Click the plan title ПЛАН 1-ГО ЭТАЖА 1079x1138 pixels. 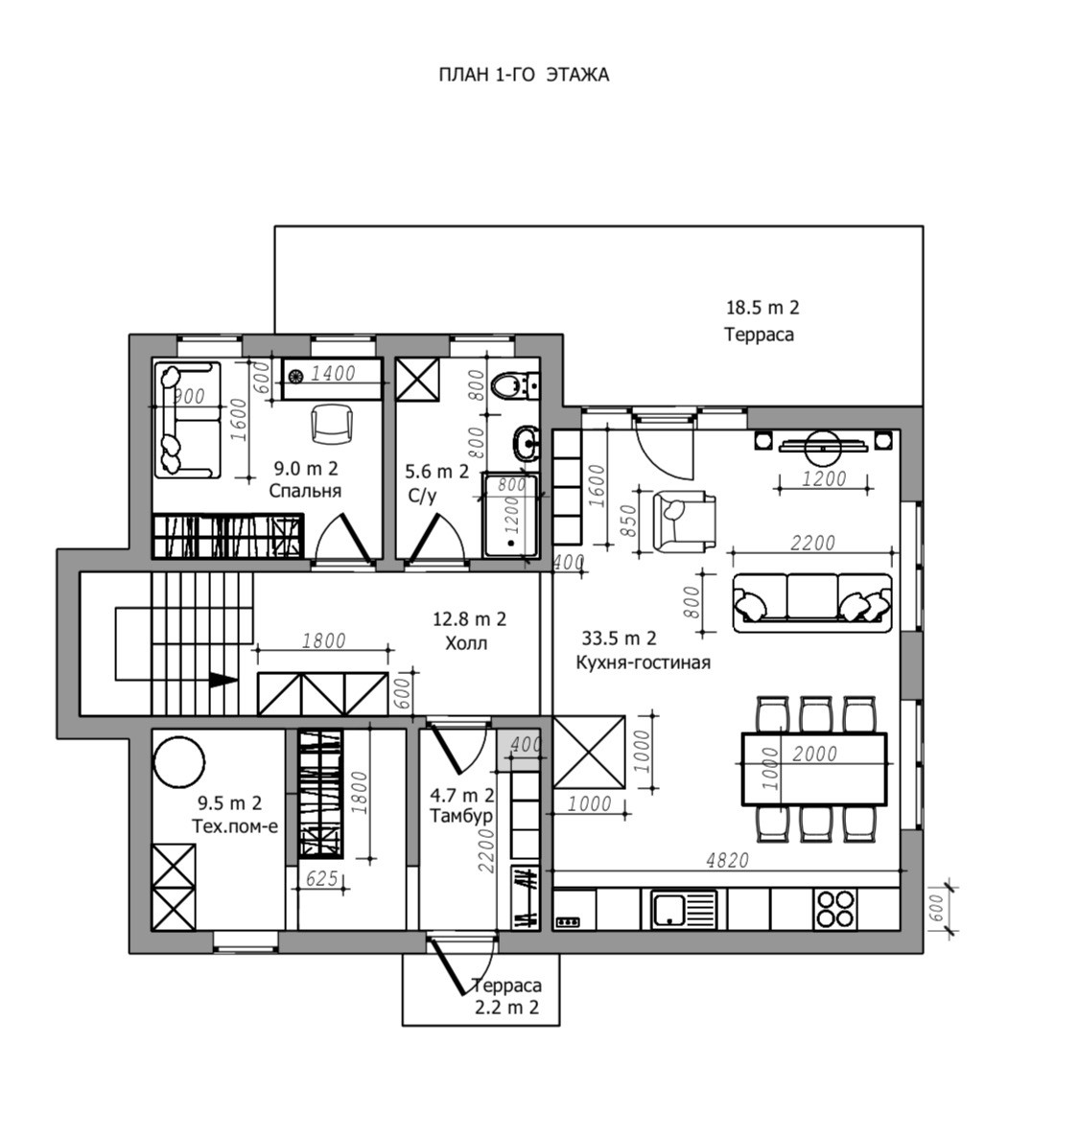[x=524, y=75]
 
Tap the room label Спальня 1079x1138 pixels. [x=305, y=491]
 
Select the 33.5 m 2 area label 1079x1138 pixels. [x=620, y=639]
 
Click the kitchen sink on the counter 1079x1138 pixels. [x=683, y=908]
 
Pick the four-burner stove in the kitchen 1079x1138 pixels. [x=834, y=908]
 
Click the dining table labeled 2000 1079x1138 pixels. [x=814, y=769]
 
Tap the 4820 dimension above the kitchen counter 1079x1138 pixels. [x=726, y=860]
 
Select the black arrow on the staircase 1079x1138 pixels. [x=223, y=679]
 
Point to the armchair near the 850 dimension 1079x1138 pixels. [x=683, y=521]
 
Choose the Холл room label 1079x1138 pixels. [x=466, y=643]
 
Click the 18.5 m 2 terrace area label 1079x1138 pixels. [x=762, y=308]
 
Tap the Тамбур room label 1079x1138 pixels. [x=462, y=816]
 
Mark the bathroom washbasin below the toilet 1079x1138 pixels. [x=524, y=442]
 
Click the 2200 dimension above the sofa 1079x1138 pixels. [x=812, y=543]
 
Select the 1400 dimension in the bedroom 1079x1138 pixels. [x=333, y=373]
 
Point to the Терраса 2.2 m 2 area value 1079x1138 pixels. [x=506, y=1008]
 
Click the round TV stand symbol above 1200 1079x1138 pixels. [x=824, y=443]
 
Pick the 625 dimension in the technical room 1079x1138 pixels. [x=321, y=877]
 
